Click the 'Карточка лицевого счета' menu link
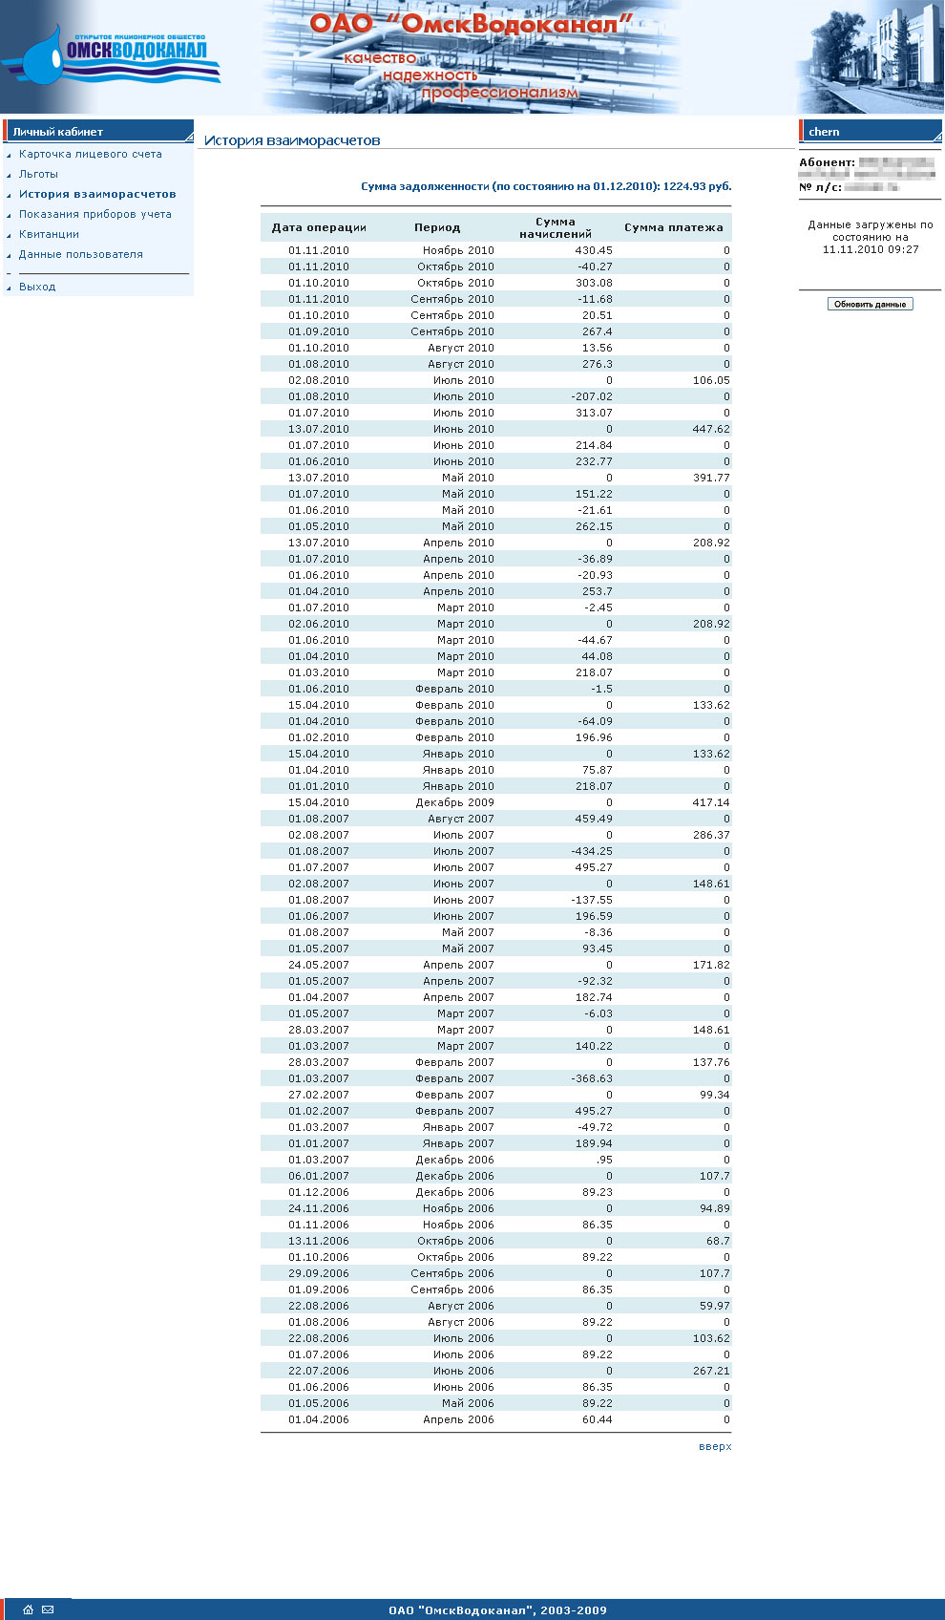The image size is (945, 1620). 90,154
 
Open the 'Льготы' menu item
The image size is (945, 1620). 38,174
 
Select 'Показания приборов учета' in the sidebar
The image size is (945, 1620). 94,214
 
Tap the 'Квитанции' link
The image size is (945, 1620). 49,234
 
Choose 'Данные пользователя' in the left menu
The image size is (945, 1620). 80,254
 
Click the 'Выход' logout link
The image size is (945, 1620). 37,287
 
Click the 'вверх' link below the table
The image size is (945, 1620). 714,1446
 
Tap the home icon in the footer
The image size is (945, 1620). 28,1609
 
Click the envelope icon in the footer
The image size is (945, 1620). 48,1609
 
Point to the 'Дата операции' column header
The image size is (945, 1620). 319,227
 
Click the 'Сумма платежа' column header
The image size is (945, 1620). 673,227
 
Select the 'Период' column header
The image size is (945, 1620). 437,227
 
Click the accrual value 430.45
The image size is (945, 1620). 594,250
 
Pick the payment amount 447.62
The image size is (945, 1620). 710,429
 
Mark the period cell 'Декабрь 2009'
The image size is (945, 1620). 454,802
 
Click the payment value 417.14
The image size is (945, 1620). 710,802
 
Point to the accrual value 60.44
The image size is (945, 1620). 597,1419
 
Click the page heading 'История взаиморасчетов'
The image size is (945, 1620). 292,140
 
